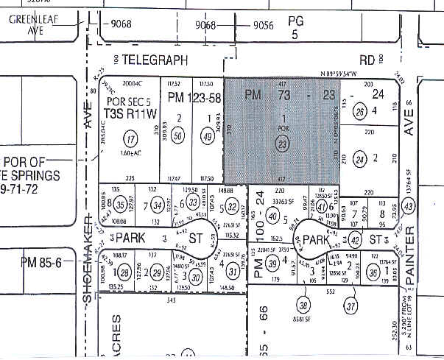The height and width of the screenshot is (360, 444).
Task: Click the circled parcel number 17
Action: click(132, 138)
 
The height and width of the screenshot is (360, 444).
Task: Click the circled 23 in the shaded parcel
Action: click(282, 145)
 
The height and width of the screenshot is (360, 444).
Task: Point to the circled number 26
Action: click(359, 113)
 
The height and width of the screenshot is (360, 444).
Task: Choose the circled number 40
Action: click(272, 216)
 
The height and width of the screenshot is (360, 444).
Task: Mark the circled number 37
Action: click(351, 305)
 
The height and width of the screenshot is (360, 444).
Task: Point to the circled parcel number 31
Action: click(232, 272)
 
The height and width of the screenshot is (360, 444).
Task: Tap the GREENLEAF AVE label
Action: click(29, 24)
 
